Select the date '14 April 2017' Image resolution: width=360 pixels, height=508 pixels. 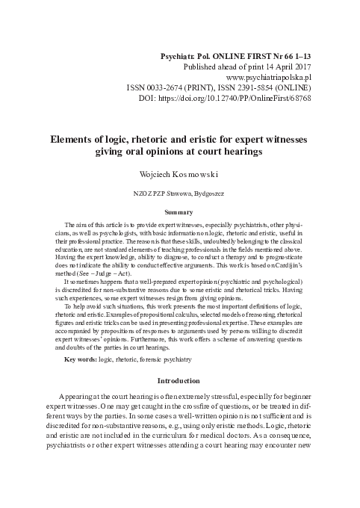point(285,66)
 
